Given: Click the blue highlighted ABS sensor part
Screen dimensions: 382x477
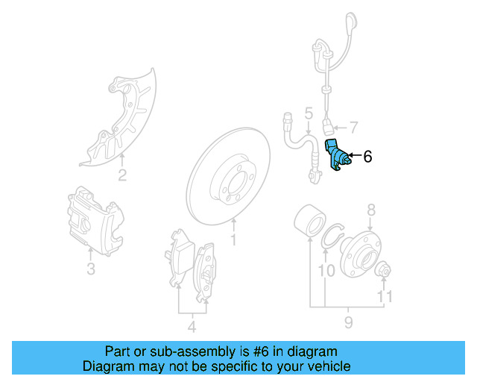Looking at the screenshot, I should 337,156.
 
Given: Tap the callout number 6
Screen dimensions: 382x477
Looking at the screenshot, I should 367,157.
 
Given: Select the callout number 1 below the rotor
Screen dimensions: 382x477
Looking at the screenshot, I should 233,240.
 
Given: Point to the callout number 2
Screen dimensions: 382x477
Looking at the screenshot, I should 121,176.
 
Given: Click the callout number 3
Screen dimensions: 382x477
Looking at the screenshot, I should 90,269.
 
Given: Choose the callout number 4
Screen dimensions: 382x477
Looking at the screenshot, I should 192,326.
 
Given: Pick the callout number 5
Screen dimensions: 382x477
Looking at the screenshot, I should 307,114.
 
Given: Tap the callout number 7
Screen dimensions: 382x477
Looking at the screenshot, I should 353,128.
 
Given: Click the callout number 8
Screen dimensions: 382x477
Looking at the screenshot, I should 370,210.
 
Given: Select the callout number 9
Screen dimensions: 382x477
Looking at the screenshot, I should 348,322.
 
